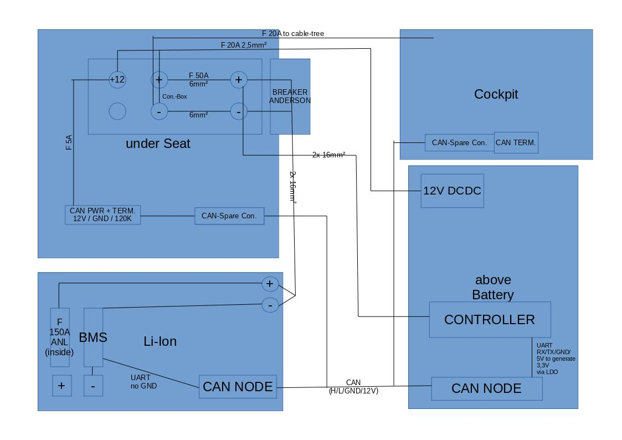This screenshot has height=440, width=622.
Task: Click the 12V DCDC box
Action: pyautogui.click(x=452, y=191)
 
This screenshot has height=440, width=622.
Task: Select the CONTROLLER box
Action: pyautogui.click(x=490, y=320)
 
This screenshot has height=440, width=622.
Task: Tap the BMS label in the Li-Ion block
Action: pyautogui.click(x=93, y=337)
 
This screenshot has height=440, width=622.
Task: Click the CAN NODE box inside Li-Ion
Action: pyautogui.click(x=238, y=387)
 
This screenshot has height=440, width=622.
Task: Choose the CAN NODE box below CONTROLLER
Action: pyautogui.click(x=486, y=388)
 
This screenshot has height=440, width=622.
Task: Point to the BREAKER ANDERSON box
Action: pyautogui.click(x=290, y=96)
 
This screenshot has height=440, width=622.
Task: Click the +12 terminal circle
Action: pyautogui.click(x=117, y=80)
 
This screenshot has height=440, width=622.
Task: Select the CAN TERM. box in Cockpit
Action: pyautogui.click(x=516, y=142)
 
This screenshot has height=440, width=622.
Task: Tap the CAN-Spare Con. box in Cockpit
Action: pyautogui.click(x=459, y=142)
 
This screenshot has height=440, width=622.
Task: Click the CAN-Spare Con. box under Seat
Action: pyautogui.click(x=229, y=216)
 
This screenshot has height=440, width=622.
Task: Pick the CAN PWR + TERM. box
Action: pyautogui.click(x=102, y=214)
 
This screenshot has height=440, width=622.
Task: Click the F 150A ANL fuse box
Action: pyautogui.click(x=60, y=337)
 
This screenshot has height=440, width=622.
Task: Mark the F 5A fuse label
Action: pyautogui.click(x=69, y=143)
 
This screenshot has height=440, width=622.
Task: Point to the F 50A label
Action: pyautogui.click(x=199, y=75)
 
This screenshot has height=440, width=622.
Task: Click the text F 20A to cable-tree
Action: pyautogui.click(x=293, y=34)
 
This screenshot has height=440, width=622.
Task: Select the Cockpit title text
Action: pyautogui.click(x=496, y=94)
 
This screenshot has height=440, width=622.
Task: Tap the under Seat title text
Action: pyautogui.click(x=158, y=144)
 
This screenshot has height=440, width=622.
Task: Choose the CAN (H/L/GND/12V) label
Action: pyautogui.click(x=353, y=387)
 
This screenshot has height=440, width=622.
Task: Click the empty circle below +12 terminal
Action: pyautogui.click(x=117, y=111)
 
